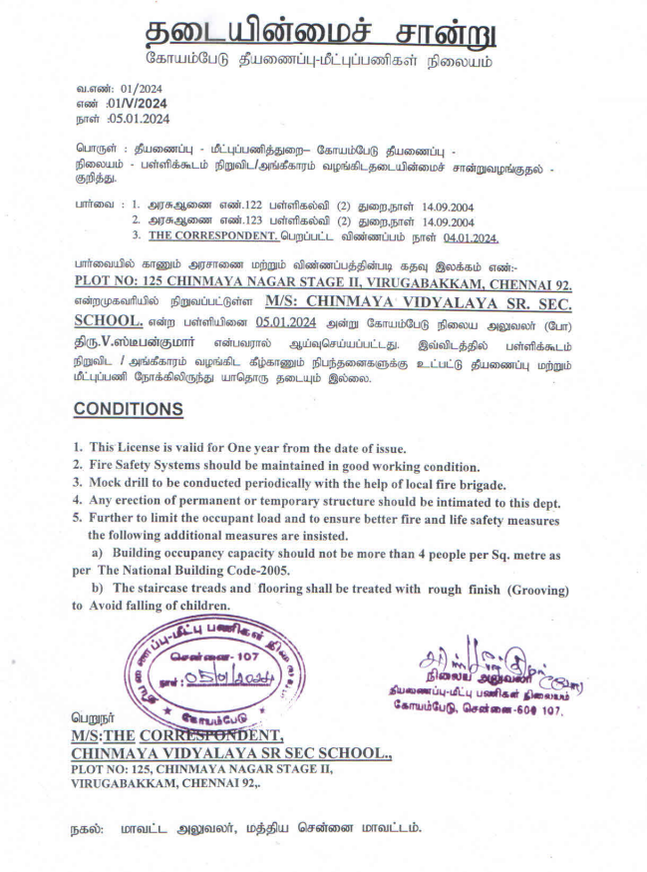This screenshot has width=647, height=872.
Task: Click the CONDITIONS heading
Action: click(129, 409)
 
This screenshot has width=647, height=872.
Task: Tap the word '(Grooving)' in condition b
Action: click(536, 589)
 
